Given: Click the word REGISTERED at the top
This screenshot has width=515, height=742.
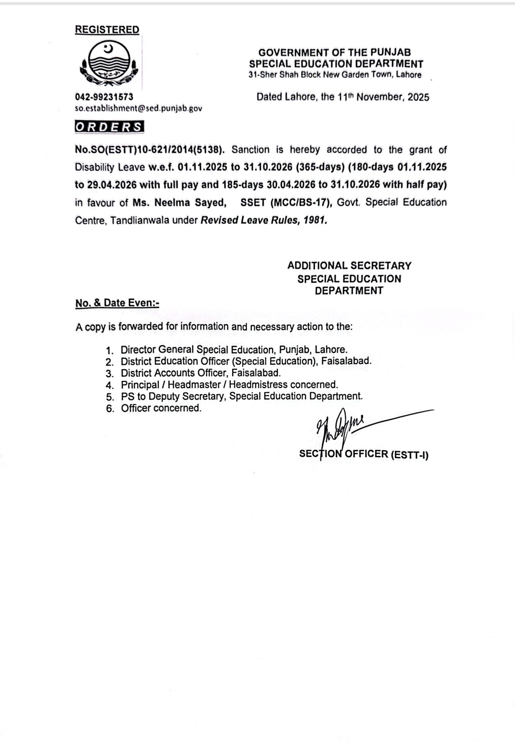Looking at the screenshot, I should pos(107,30).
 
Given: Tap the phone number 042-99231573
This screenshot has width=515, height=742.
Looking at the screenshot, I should pos(104,97).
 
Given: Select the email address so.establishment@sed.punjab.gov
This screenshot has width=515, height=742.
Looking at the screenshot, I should pos(138,108).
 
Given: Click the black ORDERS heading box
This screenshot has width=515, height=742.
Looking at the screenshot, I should pos(109,127).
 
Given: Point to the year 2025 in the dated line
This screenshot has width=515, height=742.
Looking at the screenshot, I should pos(418,97).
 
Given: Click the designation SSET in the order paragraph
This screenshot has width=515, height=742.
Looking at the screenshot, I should pos(253,203).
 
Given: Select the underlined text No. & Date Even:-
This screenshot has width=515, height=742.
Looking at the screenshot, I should pos(117,303).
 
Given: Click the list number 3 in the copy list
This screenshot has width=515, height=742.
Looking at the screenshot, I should pos(110,373).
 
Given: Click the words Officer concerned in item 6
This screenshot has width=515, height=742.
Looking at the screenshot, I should pos(161,408).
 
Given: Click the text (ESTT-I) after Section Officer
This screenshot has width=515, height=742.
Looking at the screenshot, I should pos(409,455).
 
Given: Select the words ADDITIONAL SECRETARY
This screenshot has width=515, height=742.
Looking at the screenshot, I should pos(349,266).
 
